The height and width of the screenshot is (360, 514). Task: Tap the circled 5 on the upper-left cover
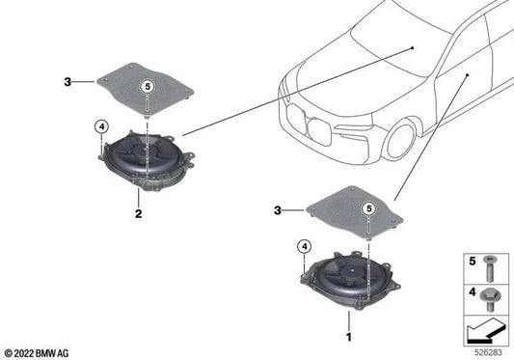(x=148, y=86)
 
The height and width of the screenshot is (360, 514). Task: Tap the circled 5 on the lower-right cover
(x=367, y=208)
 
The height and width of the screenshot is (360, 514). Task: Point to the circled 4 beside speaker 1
(x=303, y=247)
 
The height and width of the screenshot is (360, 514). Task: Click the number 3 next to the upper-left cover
(x=68, y=83)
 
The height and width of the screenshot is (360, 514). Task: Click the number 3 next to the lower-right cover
(x=277, y=209)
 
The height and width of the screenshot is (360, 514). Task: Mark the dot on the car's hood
(x=411, y=45)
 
